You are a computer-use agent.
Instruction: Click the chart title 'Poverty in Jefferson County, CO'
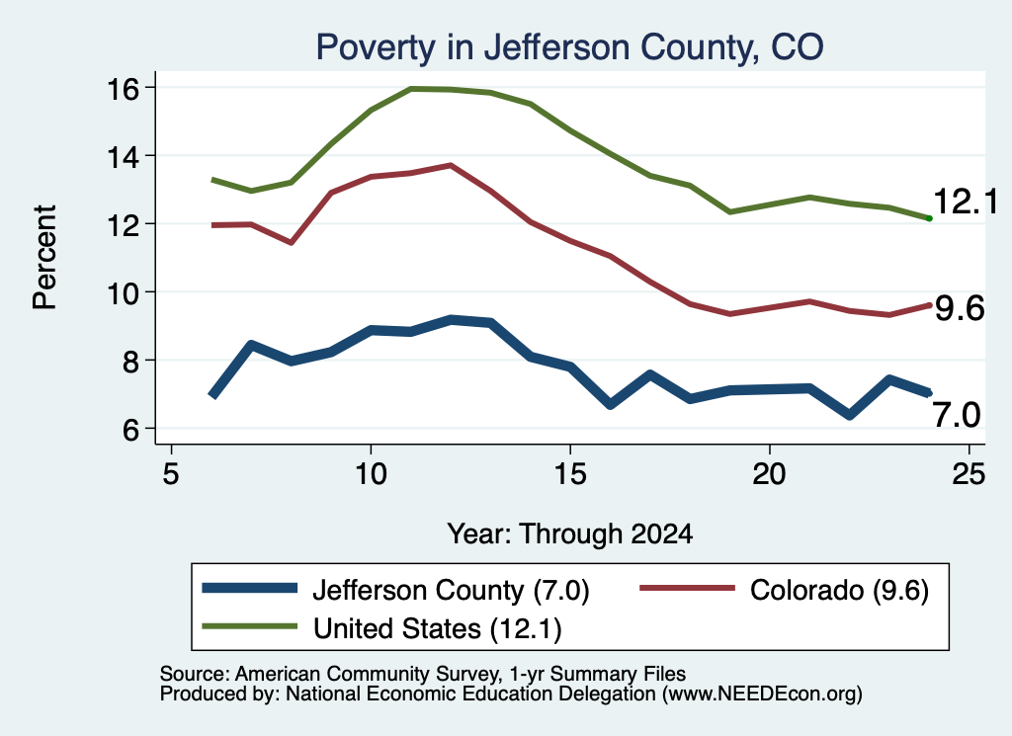[x=569, y=47]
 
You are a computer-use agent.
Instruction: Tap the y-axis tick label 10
[x=123, y=293]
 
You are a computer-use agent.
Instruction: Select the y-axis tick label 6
[x=131, y=430]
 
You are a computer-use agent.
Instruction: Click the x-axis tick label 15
[x=570, y=474]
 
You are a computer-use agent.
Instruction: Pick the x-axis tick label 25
[x=969, y=474]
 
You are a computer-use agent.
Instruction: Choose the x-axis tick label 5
[x=170, y=474]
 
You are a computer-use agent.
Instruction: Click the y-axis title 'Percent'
[x=45, y=258]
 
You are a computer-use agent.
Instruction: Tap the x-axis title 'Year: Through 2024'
[x=570, y=534]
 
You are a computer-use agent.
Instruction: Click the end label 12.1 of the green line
[x=966, y=202]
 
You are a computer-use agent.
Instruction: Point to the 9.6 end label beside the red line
[x=960, y=308]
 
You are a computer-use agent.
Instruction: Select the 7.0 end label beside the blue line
[x=957, y=414]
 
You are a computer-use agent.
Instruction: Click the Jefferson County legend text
[x=451, y=590]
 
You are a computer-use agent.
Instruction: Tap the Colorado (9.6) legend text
[x=839, y=590]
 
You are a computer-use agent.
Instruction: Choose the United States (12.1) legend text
[x=438, y=629]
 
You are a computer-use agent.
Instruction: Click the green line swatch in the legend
[x=250, y=626]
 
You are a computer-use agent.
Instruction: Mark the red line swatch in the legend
[x=688, y=588]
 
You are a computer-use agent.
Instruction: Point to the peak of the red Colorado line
[x=451, y=165]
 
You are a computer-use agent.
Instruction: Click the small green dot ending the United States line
[x=929, y=218]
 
